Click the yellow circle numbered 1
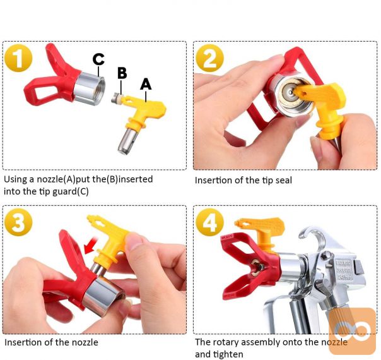tap(18, 58)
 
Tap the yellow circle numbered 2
tap(209, 58)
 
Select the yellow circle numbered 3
tap(18, 222)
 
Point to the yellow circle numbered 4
tap(209, 222)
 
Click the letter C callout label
tap(98, 59)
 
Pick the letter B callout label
tap(122, 73)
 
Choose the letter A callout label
tap(146, 84)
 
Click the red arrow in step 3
tap(91, 244)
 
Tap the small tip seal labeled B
tap(117, 99)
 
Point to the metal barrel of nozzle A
tap(127, 141)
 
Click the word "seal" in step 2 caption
tap(284, 181)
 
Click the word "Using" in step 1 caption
tap(16, 180)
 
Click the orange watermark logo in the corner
tap(352, 331)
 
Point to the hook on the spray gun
tap(313, 236)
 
